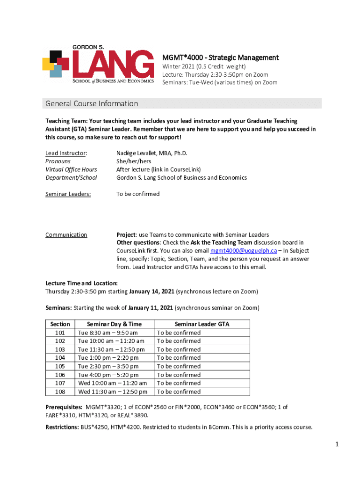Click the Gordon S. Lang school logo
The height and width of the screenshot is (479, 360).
[98, 65]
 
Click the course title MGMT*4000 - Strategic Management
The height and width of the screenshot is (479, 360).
[220, 58]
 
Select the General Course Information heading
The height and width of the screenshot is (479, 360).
[91, 103]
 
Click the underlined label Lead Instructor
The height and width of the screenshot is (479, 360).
[66, 153]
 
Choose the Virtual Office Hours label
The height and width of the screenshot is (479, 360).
[71, 169]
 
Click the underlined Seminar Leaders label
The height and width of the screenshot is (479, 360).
[68, 194]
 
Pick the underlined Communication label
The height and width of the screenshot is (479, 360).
[66, 235]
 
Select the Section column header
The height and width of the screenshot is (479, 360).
[60, 324]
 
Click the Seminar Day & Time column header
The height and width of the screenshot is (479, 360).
[114, 324]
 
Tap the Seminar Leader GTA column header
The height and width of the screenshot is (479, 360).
[202, 324]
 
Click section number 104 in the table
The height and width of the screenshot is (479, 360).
[60, 358]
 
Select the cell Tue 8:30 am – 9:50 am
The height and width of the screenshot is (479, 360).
[108, 333]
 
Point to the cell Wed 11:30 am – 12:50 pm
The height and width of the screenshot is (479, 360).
[113, 392]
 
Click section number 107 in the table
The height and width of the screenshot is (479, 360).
[60, 383]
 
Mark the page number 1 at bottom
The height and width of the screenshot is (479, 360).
[336, 444]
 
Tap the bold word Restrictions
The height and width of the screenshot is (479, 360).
[62, 427]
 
